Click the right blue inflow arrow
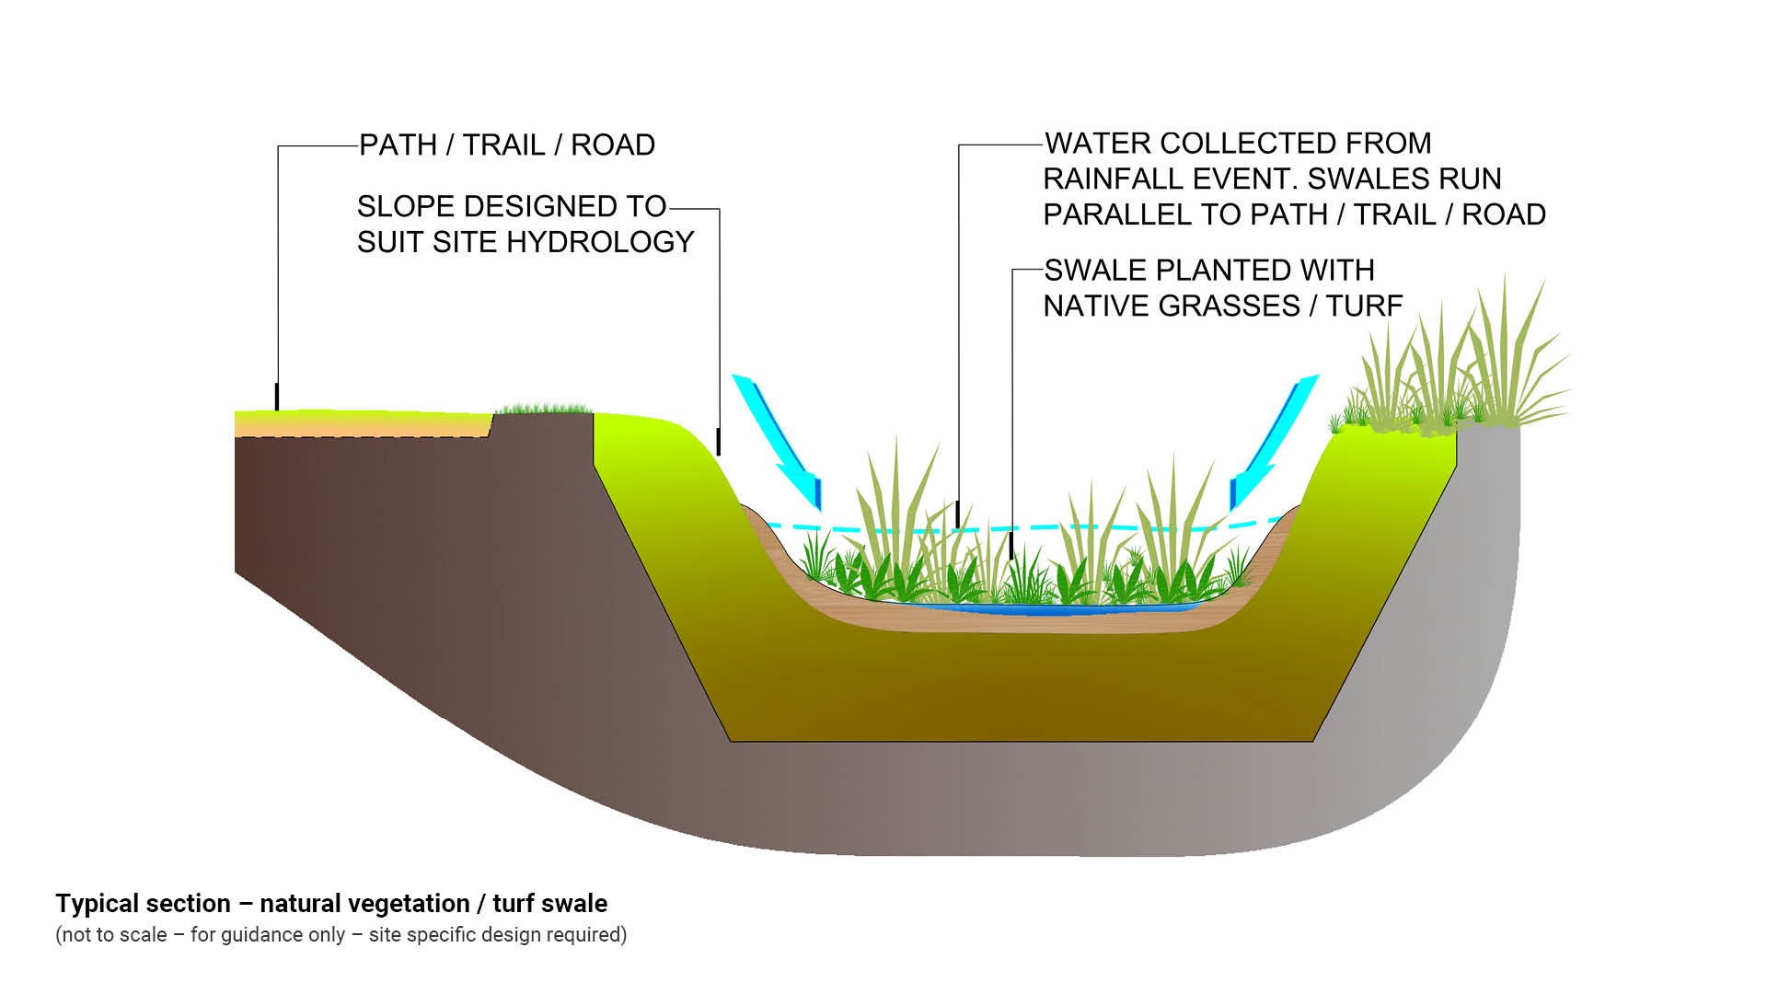coord(1275,442)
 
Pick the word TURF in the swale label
coord(1364,306)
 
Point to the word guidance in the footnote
coord(230,935)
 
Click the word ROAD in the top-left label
coord(613,145)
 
